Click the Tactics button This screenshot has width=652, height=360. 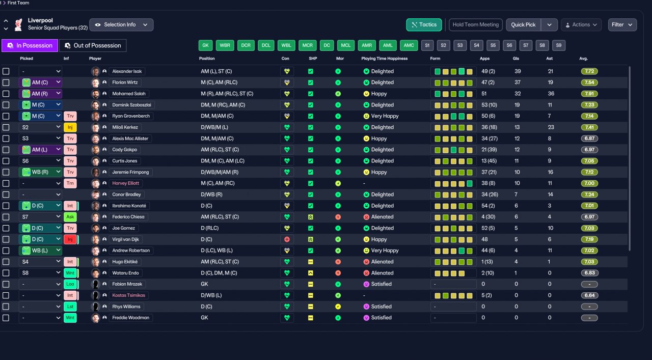click(424, 25)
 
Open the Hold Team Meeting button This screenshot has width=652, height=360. click(476, 25)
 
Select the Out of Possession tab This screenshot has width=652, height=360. click(93, 45)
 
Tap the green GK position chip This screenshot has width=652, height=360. click(205, 45)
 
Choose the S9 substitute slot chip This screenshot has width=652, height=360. click(559, 45)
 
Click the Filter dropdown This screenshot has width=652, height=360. click(622, 25)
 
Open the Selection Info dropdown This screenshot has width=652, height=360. click(121, 25)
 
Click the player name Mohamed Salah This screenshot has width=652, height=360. click(129, 94)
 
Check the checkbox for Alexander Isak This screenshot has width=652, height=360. click(6, 71)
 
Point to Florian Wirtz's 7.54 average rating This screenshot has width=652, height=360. click(589, 82)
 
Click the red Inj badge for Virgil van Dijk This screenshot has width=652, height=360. click(70, 239)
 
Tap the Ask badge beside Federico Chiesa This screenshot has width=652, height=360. click(70, 217)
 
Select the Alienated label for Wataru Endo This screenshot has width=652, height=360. click(382, 273)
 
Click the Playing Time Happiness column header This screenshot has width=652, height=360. click(384, 59)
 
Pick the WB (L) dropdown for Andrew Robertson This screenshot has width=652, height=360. click(40, 251)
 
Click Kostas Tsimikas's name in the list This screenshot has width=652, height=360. click(128, 295)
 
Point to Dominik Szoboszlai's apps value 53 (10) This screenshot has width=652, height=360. click(489, 105)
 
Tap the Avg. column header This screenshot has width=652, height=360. click(583, 59)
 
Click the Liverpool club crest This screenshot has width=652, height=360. click(19, 25)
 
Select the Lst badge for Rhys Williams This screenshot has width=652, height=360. click(70, 307)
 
